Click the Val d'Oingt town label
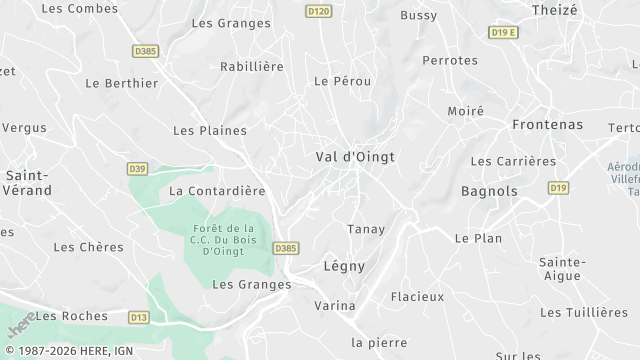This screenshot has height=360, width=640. pos(355,157)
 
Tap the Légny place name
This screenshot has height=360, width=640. pos(345,267)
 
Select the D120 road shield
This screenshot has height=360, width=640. pos(318,11)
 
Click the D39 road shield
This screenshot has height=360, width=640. pos(138,168)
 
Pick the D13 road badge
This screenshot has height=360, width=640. pos(138,317)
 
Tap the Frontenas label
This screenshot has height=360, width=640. pos(546,125)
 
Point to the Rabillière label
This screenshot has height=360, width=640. pos(252,67)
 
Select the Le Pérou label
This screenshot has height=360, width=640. pos(336,81)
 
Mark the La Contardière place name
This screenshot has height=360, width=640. pos(217,190)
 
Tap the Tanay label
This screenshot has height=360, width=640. pos(366,229)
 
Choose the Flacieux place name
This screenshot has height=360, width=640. pos(417,297)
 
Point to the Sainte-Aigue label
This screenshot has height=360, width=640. pos(563,269)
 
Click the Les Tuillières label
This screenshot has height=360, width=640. pos(584,313)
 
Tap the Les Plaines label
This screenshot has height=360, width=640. pos(210,130)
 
